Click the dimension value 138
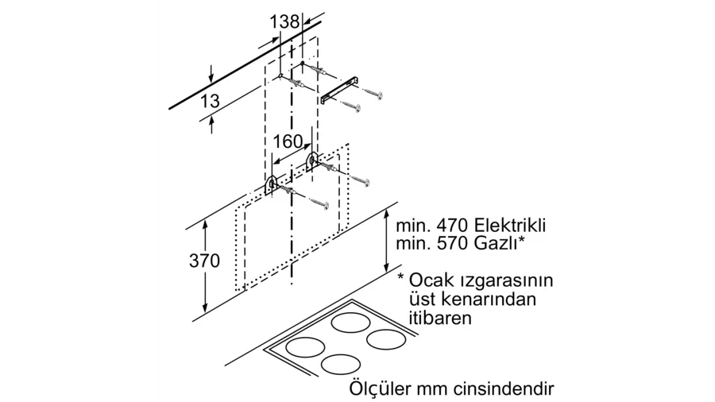285,22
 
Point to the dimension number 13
210,102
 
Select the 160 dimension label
288,141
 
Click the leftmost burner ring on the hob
305,348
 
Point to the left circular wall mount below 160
271,185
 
